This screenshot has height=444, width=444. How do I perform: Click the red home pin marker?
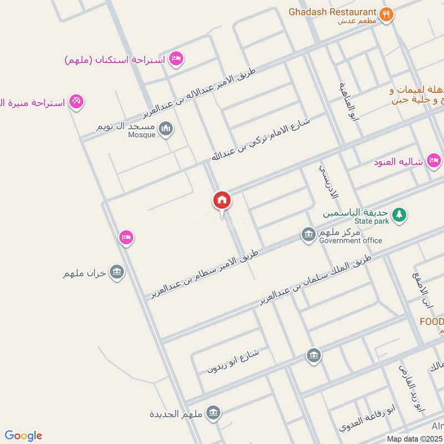221,200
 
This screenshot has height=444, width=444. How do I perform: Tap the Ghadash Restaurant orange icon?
387,14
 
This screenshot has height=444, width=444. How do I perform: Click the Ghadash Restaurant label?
331,12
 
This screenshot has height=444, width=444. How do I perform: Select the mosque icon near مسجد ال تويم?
166,129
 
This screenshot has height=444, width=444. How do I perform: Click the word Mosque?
142,135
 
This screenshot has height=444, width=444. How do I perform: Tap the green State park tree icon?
398,214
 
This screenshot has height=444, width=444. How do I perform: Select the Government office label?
350,240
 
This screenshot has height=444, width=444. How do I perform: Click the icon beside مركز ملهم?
309,235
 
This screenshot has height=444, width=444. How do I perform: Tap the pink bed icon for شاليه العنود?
435,162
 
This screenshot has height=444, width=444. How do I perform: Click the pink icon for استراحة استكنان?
176,58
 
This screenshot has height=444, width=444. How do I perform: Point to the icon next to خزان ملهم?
117,273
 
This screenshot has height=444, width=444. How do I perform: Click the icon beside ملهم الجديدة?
213,413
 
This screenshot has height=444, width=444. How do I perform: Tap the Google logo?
23,436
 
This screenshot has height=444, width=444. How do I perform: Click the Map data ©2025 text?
414,438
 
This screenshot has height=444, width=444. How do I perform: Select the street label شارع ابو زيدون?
233,361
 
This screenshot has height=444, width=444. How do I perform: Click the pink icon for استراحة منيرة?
77,102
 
